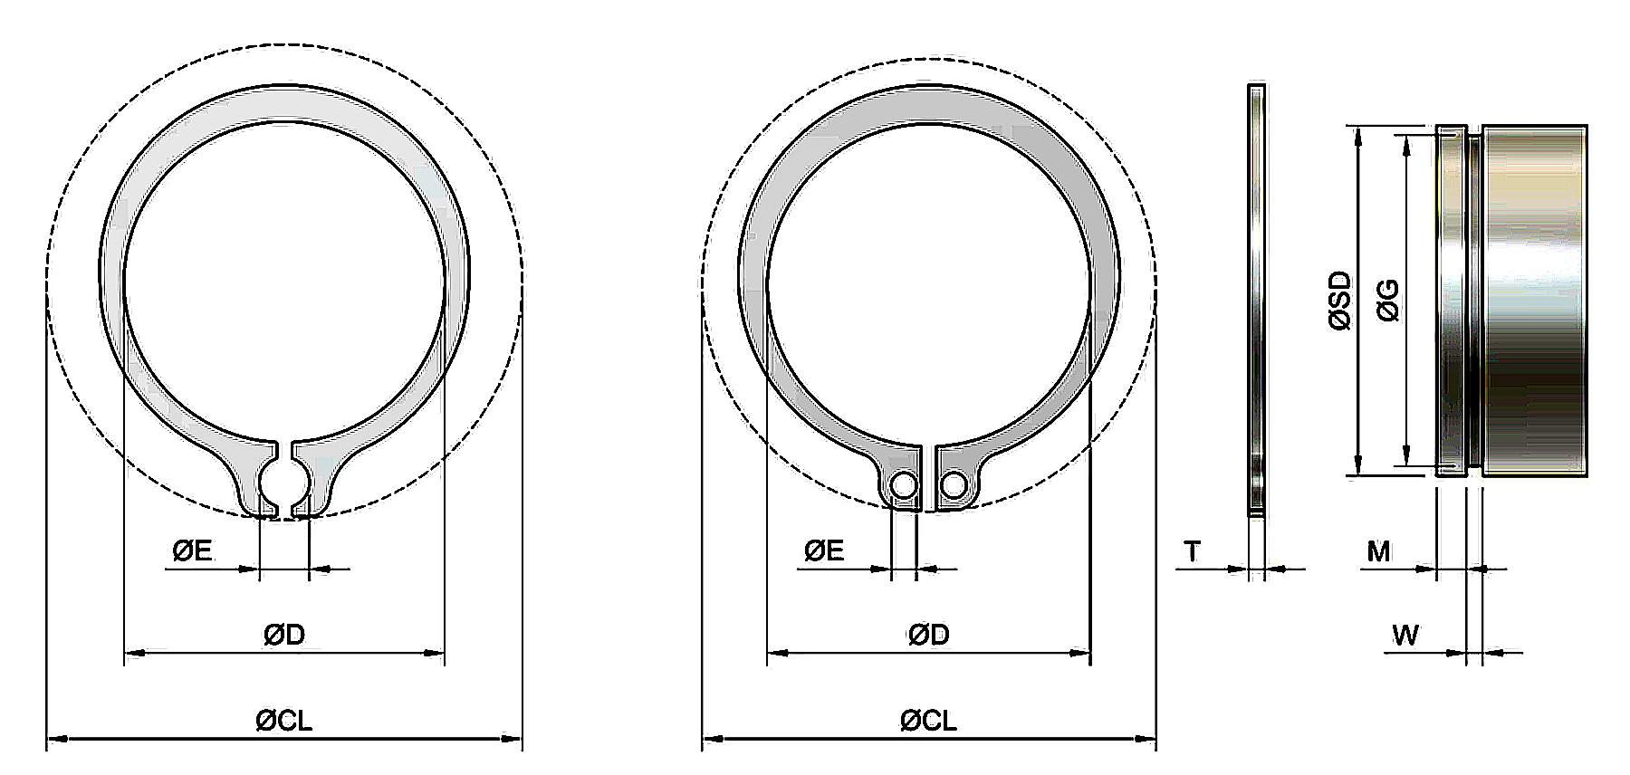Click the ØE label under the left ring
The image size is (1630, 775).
pos(192,550)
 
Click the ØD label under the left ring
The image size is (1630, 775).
pos(284,636)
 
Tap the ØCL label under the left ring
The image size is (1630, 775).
pos(284,721)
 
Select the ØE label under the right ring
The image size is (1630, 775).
pos(824,550)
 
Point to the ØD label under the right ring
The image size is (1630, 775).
pos(928,636)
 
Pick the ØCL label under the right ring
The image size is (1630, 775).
pos(928,721)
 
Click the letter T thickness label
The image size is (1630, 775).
pos(1192,551)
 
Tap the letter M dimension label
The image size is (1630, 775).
pos(1378,551)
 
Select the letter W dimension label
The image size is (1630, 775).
pos(1405,636)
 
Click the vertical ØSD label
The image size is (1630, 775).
pos(1339,301)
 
